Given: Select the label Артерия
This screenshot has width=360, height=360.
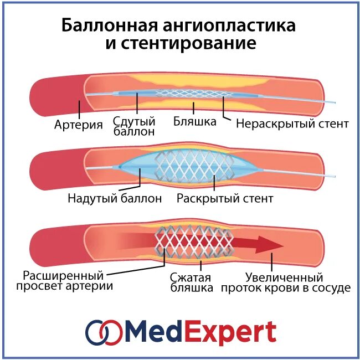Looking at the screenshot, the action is click(x=79, y=125).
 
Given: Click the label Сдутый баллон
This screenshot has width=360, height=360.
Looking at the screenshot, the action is click(x=133, y=126).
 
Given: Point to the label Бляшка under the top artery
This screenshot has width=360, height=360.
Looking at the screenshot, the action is click(x=194, y=121).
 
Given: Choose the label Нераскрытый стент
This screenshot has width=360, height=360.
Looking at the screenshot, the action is click(x=292, y=124).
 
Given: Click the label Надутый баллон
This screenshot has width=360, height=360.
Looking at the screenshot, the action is click(x=115, y=198).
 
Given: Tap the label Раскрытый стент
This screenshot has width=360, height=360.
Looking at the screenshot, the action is click(x=225, y=198).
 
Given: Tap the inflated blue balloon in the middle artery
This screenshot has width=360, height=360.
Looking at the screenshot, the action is click(x=138, y=166).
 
